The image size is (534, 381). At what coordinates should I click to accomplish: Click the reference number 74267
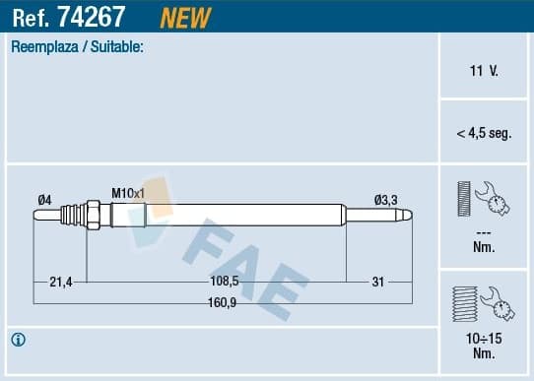pos(106,17)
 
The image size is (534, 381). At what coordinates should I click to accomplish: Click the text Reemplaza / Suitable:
pos(77,46)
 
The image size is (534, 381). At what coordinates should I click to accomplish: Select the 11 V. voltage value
pos(485,72)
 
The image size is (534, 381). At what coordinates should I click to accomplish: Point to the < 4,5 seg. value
pos(485,133)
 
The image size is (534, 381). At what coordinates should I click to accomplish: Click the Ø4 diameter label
pos(44,200)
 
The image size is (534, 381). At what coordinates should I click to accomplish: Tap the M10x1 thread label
pos(128,193)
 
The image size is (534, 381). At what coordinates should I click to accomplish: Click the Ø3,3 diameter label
pos(385,200)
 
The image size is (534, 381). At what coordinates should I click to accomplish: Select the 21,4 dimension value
pos(62,282)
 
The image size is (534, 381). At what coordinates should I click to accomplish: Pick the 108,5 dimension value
pos(225,282)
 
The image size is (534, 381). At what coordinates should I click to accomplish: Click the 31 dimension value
pos(377,282)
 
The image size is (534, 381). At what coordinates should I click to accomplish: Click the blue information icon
pos(19,340)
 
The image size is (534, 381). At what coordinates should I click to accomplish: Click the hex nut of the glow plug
pos(91,215)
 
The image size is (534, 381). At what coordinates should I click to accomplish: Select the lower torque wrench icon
pos(483,303)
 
